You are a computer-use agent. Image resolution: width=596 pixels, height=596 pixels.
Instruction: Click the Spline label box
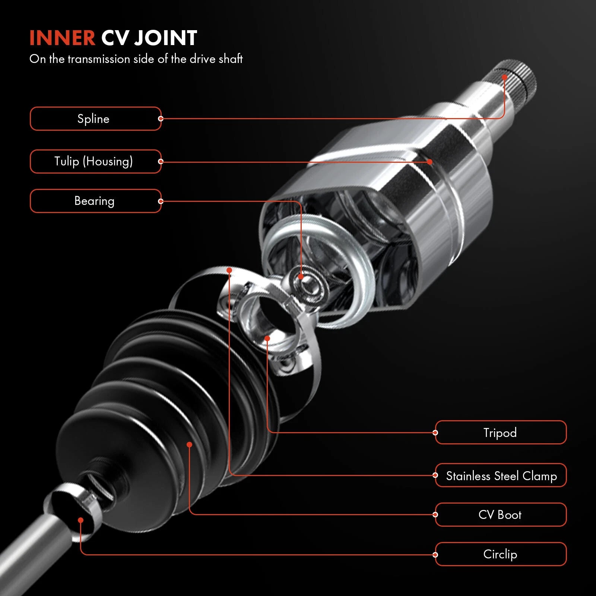point(95,119)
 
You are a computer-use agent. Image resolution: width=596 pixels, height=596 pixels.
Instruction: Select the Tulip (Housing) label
point(95,161)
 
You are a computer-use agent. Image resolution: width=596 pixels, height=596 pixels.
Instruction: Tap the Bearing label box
point(95,201)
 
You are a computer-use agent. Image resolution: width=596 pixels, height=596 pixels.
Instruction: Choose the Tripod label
point(501,432)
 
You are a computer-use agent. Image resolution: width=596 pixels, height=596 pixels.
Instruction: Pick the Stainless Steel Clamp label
point(501,475)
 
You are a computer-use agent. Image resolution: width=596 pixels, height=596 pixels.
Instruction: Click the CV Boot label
point(501,514)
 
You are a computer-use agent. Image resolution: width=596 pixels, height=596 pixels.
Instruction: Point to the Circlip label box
point(501,554)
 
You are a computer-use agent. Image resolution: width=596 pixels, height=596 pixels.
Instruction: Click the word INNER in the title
point(62,38)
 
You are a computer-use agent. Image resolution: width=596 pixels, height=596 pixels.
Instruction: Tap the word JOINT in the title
point(165,38)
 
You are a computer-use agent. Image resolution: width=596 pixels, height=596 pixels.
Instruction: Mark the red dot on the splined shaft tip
point(504,77)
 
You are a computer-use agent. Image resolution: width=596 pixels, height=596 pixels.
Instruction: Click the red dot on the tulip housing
point(430,162)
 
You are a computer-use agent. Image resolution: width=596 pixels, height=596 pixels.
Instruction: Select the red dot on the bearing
point(301,277)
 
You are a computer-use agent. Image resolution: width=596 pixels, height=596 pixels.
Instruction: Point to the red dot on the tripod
point(267,338)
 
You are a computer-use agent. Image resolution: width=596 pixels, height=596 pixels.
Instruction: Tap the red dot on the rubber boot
point(189,444)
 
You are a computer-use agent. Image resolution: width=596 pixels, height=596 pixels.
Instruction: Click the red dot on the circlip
point(80,520)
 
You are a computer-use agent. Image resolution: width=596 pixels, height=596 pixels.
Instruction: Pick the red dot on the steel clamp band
point(229,270)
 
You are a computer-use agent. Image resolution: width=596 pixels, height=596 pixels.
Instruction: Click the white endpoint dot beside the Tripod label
point(435,432)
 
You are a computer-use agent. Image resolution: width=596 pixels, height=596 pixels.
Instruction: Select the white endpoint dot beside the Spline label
point(161,119)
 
